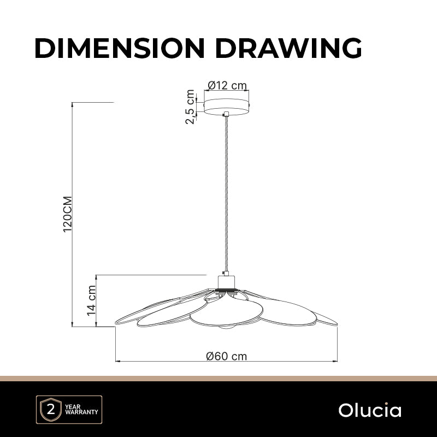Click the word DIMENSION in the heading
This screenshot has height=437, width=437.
(120, 48)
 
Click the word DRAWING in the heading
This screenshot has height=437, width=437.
(288, 48)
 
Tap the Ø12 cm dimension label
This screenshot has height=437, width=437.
(227, 85)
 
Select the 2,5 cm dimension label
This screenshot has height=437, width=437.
(190, 107)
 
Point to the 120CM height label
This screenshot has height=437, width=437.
(68, 214)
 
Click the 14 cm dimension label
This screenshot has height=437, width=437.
(91, 300)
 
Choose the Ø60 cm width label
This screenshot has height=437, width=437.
(226, 356)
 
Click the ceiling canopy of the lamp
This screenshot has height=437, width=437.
(226, 107)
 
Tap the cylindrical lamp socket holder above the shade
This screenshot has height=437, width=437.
(226, 281)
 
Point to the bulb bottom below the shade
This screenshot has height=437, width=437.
(226, 327)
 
